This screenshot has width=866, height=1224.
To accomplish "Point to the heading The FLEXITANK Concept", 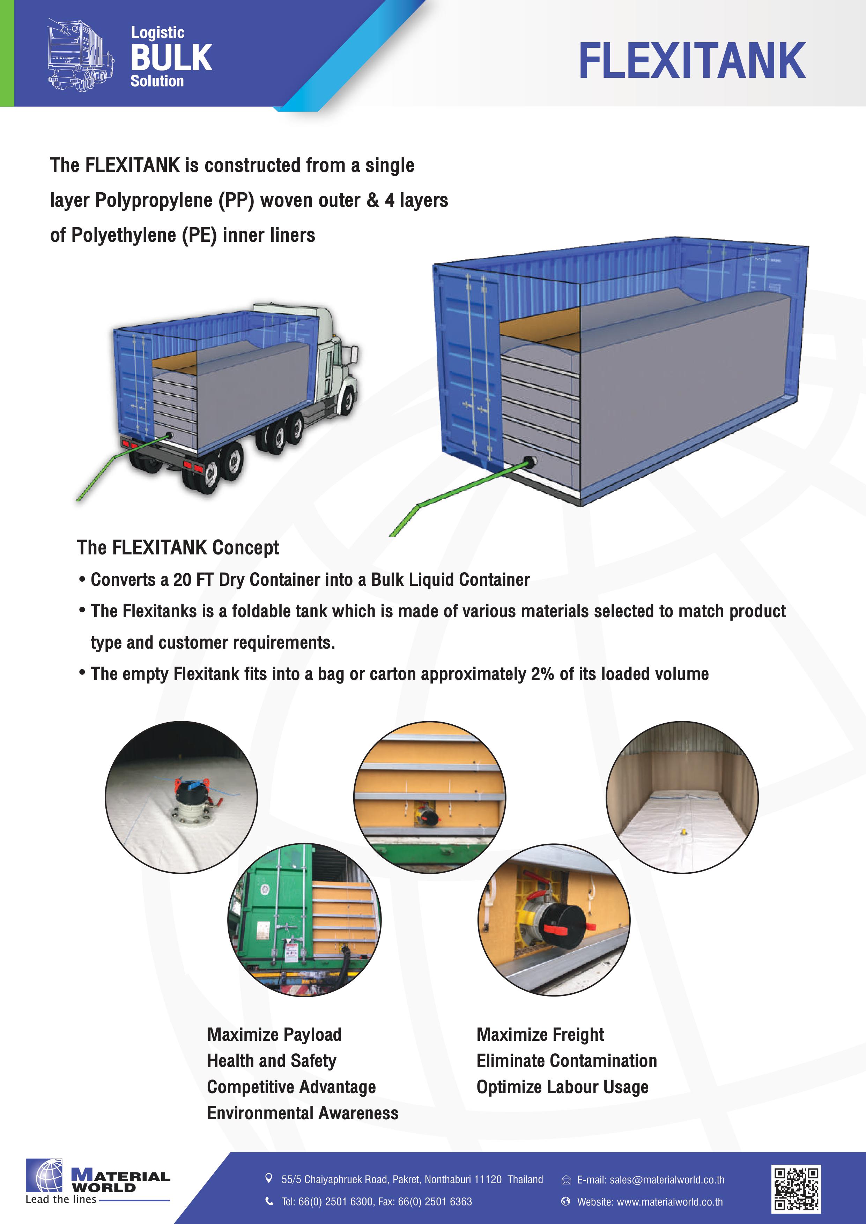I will pos(178,547).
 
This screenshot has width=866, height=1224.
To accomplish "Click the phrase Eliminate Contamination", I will pos(566,1060).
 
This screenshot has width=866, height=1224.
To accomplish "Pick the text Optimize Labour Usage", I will pos(562,1087).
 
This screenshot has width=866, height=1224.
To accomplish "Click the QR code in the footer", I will pos(796,1188).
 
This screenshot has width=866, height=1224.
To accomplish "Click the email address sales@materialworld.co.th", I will pos(667,1180).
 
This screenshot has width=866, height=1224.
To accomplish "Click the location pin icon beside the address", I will pos(269,1179).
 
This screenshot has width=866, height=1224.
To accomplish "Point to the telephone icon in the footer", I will pos(269,1201).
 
